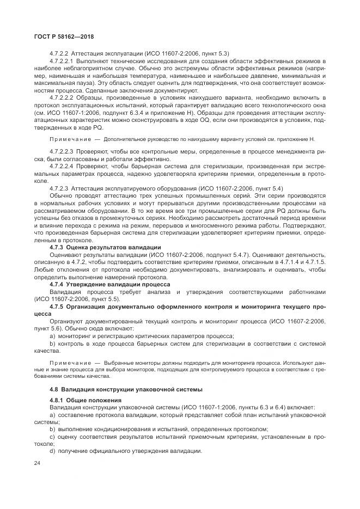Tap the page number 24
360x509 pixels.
coord(37,463)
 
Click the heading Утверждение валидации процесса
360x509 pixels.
coord(115,284)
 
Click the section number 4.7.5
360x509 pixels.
coord(57,306)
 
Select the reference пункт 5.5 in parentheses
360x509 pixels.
coord(108,299)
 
